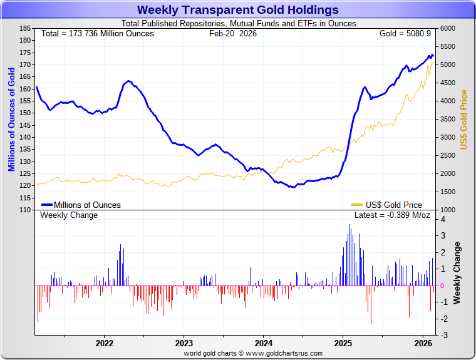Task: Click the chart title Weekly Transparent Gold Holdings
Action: pos(237,9)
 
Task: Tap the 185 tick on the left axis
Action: pos(25,28)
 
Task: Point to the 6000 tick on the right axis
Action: pos(447,28)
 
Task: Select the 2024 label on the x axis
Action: pos(263,343)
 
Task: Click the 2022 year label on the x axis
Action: pos(104,343)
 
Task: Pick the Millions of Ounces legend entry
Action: pos(87,205)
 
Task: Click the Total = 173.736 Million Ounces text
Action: pos(97,33)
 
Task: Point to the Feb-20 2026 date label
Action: pos(232,33)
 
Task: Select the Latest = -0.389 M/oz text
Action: pos(392,215)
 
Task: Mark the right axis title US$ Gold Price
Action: pos(464,119)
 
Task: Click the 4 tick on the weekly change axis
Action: pos(443,219)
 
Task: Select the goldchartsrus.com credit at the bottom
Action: pos(253,353)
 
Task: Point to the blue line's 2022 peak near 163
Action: pos(128,81)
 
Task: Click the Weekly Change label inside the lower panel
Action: pos(69,215)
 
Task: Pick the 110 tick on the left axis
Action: pos(25,210)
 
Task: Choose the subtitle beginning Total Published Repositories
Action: pos(238,23)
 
